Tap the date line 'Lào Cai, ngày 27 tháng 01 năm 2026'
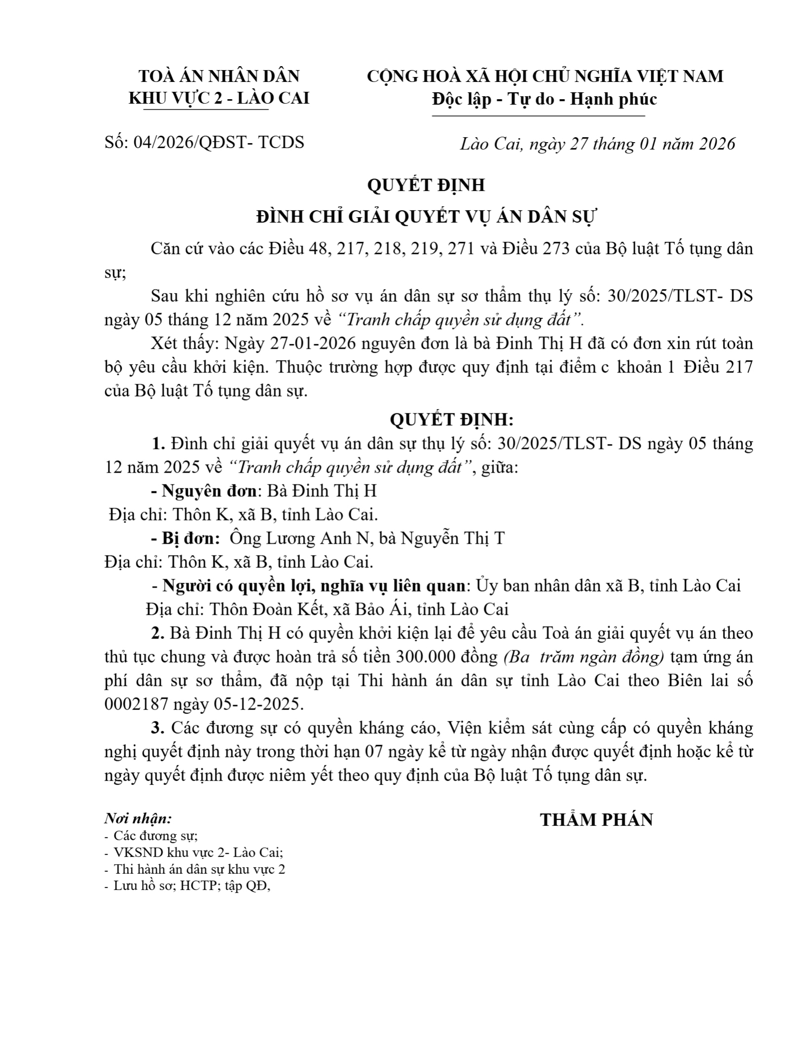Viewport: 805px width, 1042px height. click(x=597, y=144)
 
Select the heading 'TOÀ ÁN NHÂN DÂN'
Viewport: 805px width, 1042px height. click(x=219, y=76)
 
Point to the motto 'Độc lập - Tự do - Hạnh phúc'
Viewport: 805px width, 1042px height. click(x=545, y=99)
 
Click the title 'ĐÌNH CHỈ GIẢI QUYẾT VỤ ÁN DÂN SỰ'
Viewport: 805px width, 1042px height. click(x=427, y=217)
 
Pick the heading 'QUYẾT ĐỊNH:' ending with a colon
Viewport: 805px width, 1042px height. click(x=452, y=420)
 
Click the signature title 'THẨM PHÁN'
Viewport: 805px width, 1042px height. click(x=596, y=820)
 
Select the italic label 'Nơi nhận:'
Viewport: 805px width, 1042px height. click(x=138, y=819)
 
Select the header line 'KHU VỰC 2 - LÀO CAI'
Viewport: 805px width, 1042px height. click(x=219, y=99)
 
